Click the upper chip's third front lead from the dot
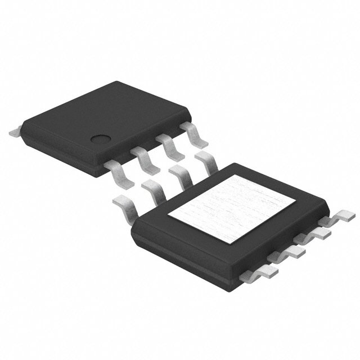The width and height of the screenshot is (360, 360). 172,147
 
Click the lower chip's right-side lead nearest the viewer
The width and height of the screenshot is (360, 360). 269,271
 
